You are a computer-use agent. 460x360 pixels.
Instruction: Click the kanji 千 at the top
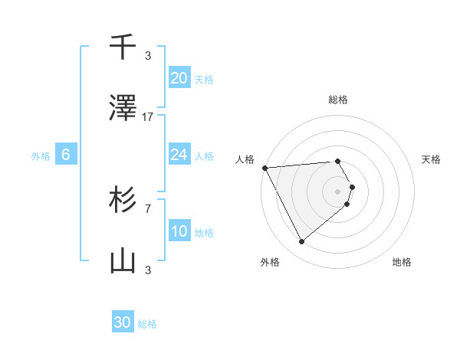[123, 47]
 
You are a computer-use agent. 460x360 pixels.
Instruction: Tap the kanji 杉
[123, 200]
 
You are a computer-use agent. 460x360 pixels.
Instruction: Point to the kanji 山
[123, 261]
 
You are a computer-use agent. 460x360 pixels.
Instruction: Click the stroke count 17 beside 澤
[148, 117]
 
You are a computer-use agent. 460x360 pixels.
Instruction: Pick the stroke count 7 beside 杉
[148, 208]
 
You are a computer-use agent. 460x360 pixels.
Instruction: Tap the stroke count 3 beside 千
[148, 56]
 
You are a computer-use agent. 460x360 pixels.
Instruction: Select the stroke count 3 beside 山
[148, 270]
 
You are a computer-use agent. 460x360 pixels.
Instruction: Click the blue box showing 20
[179, 78]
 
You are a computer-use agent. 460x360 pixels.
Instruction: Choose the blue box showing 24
[179, 155]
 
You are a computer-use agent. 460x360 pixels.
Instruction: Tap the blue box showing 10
[179, 231]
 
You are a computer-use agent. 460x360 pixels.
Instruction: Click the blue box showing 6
[66, 155]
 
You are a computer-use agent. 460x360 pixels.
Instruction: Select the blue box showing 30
[123, 322]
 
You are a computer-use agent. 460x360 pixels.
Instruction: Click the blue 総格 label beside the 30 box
[147, 324]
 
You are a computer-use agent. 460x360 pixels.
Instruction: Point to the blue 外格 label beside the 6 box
[41, 156]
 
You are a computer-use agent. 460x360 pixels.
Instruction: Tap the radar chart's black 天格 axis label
[432, 159]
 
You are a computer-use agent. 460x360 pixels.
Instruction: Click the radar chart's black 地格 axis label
[402, 262]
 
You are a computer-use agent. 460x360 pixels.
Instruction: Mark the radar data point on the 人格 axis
[264, 167]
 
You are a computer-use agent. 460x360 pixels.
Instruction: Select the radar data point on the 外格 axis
[301, 241]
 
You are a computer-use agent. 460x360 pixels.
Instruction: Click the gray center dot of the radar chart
[338, 191]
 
